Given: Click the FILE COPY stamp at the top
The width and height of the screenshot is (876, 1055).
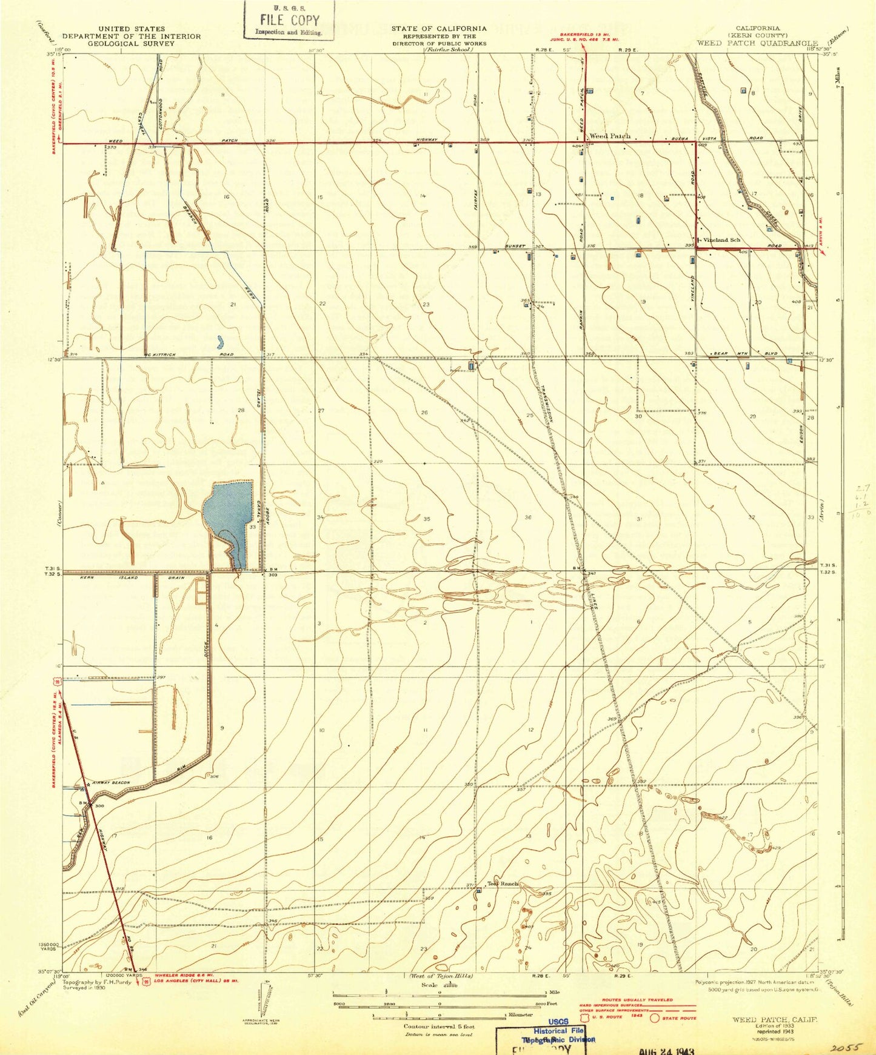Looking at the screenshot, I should [x=289, y=21].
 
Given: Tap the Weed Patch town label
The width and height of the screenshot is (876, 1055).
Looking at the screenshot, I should [x=610, y=136].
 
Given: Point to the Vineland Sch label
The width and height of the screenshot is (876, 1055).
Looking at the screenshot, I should [x=722, y=240].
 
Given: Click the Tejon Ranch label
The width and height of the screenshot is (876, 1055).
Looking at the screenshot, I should [x=503, y=884].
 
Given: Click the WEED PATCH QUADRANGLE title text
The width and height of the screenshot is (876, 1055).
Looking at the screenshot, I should [x=758, y=43].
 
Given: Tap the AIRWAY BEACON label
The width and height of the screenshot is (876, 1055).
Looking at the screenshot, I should [x=110, y=783].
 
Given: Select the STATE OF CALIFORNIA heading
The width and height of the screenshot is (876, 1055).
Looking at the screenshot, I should [x=438, y=28].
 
